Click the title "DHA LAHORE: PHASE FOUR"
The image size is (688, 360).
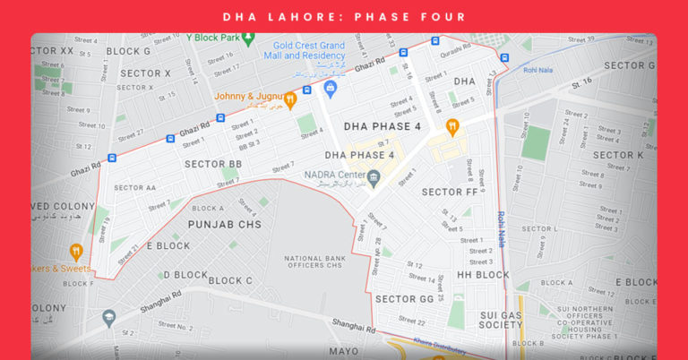pos(344,16)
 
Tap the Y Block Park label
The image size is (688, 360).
pos(213,38)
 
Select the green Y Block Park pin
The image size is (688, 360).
pos(249,39)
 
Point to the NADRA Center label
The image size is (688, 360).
pos(336,174)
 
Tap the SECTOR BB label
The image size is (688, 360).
pos(213,164)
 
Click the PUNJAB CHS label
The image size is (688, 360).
pos(220,223)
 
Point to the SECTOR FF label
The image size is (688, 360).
pos(449,192)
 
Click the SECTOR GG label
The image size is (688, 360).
pos(404,298)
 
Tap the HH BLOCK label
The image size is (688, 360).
pos(483,275)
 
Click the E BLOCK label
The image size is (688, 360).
pos(168,245)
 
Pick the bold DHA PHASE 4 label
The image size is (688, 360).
pos(382,126)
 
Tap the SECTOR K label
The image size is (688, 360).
pos(618,155)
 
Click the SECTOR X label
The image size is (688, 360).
pos(145,73)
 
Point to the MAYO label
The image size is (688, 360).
pos(343,351)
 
